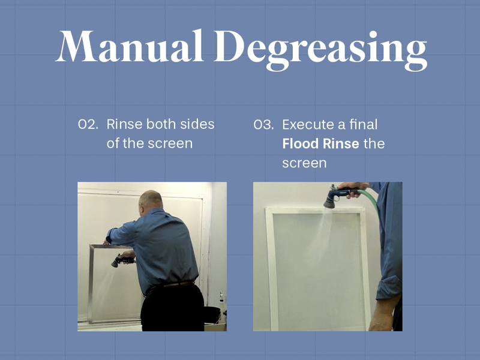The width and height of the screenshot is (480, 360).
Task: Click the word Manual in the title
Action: (130, 46)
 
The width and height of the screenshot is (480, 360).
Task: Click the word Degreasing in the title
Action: (320, 50)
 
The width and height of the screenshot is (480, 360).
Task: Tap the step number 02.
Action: (88, 125)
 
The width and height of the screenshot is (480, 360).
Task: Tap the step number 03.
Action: (263, 125)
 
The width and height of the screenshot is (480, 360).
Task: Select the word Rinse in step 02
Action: (124, 124)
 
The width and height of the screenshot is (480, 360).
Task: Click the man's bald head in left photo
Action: (151, 200)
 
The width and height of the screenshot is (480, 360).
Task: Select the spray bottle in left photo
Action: (221, 303)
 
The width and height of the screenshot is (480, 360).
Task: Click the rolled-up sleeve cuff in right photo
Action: (389, 287)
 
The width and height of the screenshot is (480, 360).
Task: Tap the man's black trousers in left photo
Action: (173, 308)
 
